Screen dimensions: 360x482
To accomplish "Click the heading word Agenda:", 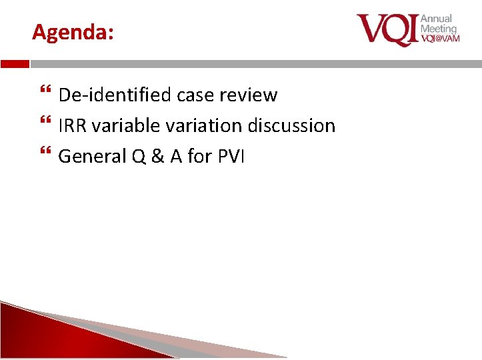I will (x=73, y=32).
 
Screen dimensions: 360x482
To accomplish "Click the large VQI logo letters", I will (x=387, y=30).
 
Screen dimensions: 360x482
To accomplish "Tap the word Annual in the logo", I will (x=436, y=19).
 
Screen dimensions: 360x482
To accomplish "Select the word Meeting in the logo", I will (x=438, y=29).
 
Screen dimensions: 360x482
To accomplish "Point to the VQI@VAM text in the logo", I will (x=439, y=39).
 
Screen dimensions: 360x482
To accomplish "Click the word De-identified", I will (x=115, y=95).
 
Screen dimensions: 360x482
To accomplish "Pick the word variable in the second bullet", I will (x=121, y=125).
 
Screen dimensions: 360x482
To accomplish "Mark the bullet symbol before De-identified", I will (x=45, y=95).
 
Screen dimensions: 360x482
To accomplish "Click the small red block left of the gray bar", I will (x=15, y=64).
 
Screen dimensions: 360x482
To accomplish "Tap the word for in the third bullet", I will (x=199, y=156).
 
